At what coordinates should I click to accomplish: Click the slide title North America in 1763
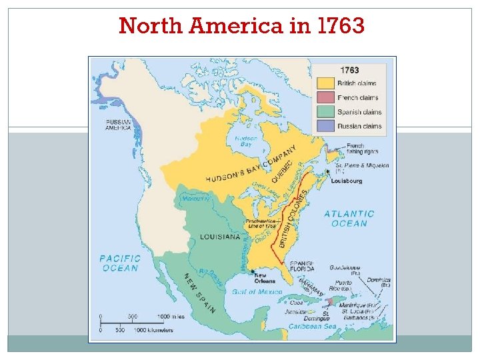click(x=241, y=26)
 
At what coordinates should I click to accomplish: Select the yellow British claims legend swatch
click(x=326, y=83)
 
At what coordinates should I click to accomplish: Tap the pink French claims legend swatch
click(x=326, y=97)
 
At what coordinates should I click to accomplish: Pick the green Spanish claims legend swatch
click(x=326, y=112)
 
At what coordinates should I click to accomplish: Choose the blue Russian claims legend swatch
click(x=326, y=126)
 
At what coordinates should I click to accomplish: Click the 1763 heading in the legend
click(x=349, y=70)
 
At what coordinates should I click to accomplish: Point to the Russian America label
click(x=118, y=125)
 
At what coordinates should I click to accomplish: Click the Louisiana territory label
click(x=220, y=237)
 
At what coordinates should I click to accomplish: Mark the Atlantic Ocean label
click(x=349, y=219)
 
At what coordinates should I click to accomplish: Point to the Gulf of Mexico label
click(x=257, y=292)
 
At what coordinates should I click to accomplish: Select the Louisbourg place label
click(x=347, y=181)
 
